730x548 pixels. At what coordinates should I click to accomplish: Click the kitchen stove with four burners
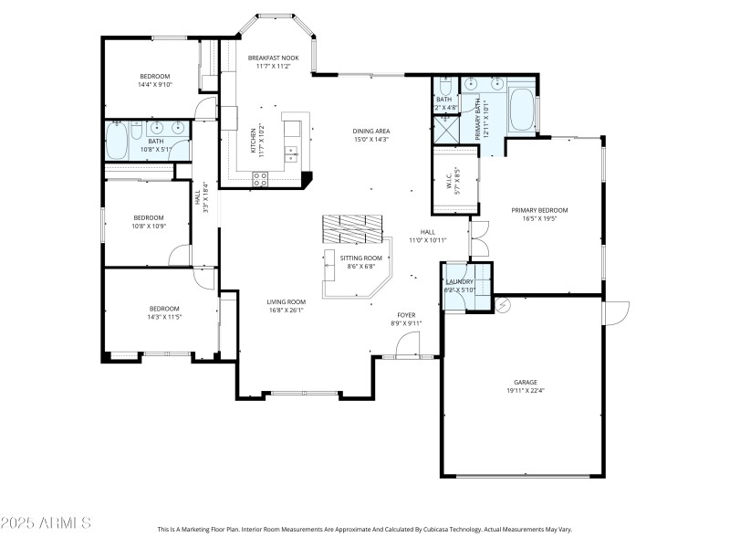pos(259,180)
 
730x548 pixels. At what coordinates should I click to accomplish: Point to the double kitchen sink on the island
pos(291,153)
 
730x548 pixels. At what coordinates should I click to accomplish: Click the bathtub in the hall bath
pos(118,142)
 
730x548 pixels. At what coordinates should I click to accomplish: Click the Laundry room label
pos(458,281)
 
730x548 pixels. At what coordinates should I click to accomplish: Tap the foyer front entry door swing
pos(406,345)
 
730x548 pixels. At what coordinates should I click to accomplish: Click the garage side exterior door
pos(614,312)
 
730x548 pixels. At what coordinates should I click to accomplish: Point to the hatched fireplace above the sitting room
pos(352,228)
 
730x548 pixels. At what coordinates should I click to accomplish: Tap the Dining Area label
pos(370,131)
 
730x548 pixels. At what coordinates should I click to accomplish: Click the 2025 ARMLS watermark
pos(46,523)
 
